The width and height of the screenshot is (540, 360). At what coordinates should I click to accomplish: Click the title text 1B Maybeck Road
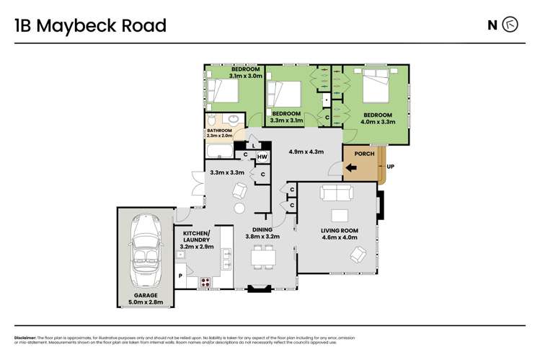pos(90,27)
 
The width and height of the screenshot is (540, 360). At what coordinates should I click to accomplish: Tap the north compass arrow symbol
pos(510,25)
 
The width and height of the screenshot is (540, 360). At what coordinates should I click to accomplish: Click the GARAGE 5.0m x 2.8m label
pos(144,300)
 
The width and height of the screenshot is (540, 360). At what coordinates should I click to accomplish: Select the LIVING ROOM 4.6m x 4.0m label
pos(339,235)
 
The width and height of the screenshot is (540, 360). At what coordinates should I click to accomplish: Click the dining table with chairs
pos(262,258)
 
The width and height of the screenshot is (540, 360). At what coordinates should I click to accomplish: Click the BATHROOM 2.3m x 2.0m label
pos(220,133)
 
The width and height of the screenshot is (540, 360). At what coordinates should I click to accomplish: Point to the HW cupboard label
pos(262,157)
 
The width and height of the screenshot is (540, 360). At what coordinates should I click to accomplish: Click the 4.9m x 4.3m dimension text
pos(306,152)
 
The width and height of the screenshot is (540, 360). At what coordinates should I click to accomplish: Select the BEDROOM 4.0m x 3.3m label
pos(377,119)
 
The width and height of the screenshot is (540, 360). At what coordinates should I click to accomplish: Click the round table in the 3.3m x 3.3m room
pos(239,208)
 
